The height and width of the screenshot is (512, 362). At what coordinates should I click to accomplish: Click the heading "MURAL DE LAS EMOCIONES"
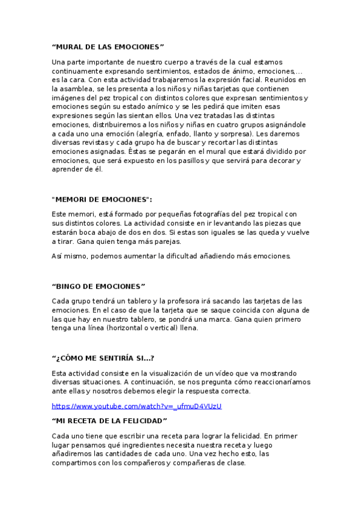tap(108, 46)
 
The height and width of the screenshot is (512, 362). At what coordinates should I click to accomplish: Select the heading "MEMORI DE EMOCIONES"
tap(102, 199)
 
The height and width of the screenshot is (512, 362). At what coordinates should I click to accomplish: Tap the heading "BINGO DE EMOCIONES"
tap(99, 286)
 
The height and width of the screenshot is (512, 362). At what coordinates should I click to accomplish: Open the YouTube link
tap(137, 406)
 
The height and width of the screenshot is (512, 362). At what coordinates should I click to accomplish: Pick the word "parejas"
tap(165, 241)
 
